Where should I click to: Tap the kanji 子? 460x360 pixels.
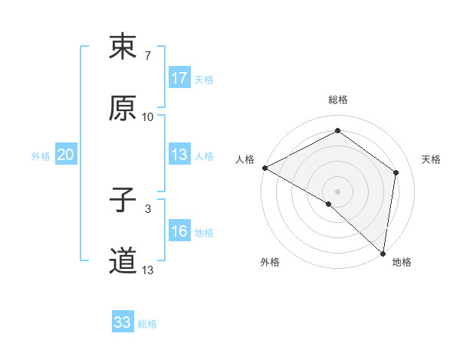click(123, 201)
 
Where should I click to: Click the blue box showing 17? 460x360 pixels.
click(179, 78)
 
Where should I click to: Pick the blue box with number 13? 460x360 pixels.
click(179, 155)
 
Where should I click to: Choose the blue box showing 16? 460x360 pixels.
click(179, 232)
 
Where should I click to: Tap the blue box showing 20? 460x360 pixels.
click(66, 155)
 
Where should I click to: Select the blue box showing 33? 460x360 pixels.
click(123, 323)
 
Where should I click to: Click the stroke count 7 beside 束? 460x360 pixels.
click(147, 55)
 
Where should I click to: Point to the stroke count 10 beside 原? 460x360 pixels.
click(148, 116)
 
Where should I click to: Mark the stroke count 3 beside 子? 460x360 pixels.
click(147, 208)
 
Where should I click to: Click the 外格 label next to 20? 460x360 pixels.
click(41, 156)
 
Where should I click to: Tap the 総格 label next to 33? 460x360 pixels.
click(147, 324)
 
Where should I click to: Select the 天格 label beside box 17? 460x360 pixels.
click(204, 79)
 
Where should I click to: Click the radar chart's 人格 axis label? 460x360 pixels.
click(245, 159)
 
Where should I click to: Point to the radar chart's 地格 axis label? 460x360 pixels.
click(402, 263)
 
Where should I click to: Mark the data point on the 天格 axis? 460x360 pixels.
click(396, 172)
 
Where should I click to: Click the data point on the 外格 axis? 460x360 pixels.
click(329, 204)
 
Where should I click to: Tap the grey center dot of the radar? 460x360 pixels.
click(337, 191)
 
